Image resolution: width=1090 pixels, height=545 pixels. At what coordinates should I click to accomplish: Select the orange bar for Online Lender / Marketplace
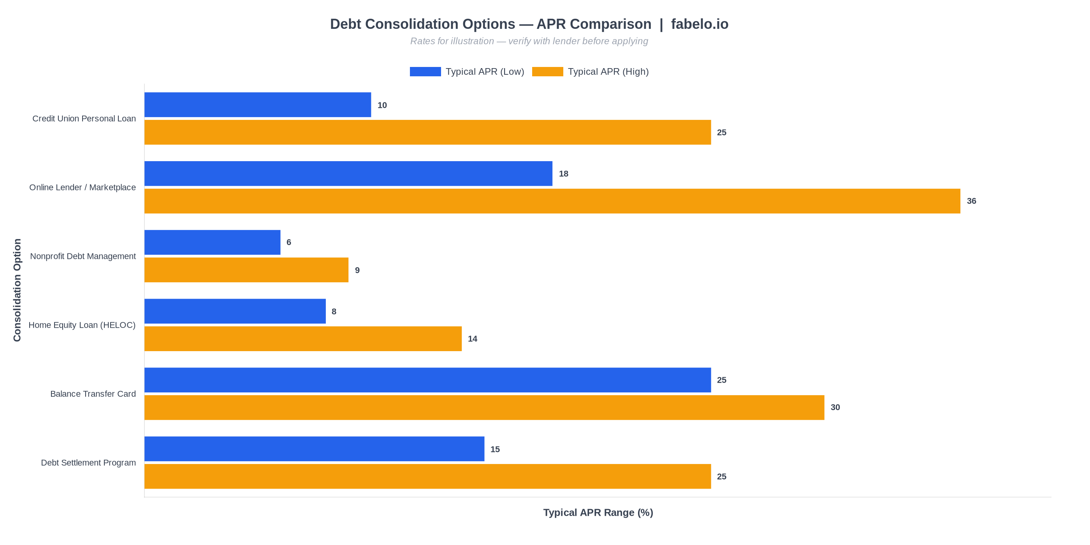coord(552,201)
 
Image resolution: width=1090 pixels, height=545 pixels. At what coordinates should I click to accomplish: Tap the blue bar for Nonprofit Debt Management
coord(212,243)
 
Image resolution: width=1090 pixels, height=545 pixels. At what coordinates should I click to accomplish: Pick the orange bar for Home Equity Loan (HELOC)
coord(302,339)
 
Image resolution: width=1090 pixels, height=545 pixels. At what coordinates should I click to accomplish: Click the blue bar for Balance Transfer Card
coord(427,380)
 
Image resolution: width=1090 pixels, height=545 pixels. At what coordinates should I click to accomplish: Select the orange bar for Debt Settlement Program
coord(427,476)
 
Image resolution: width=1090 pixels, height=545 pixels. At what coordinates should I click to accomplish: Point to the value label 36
coord(971,201)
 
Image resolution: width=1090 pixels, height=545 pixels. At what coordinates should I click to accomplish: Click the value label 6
coord(288,243)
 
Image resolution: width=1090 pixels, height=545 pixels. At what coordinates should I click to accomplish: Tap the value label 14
coord(472,339)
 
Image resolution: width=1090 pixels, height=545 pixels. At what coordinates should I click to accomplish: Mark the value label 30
coord(835,408)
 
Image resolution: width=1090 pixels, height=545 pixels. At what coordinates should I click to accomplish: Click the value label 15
coord(495,449)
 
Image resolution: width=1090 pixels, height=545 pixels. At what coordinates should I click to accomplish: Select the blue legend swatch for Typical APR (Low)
coord(425,72)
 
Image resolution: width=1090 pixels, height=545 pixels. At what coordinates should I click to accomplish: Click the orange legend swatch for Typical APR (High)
coord(547,72)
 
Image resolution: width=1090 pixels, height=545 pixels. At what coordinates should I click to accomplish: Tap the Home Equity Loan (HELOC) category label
coord(82,325)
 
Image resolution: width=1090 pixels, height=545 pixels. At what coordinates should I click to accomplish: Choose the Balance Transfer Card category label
coord(93,394)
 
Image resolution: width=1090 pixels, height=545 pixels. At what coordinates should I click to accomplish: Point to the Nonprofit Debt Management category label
coord(83,257)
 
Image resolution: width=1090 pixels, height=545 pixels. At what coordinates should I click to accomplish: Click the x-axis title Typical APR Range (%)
coord(598,512)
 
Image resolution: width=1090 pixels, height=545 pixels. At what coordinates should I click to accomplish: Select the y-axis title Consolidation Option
coord(17,290)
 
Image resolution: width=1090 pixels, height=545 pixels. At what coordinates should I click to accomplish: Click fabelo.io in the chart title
coord(699,24)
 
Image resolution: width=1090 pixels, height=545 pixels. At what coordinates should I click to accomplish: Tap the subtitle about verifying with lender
coord(529,41)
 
